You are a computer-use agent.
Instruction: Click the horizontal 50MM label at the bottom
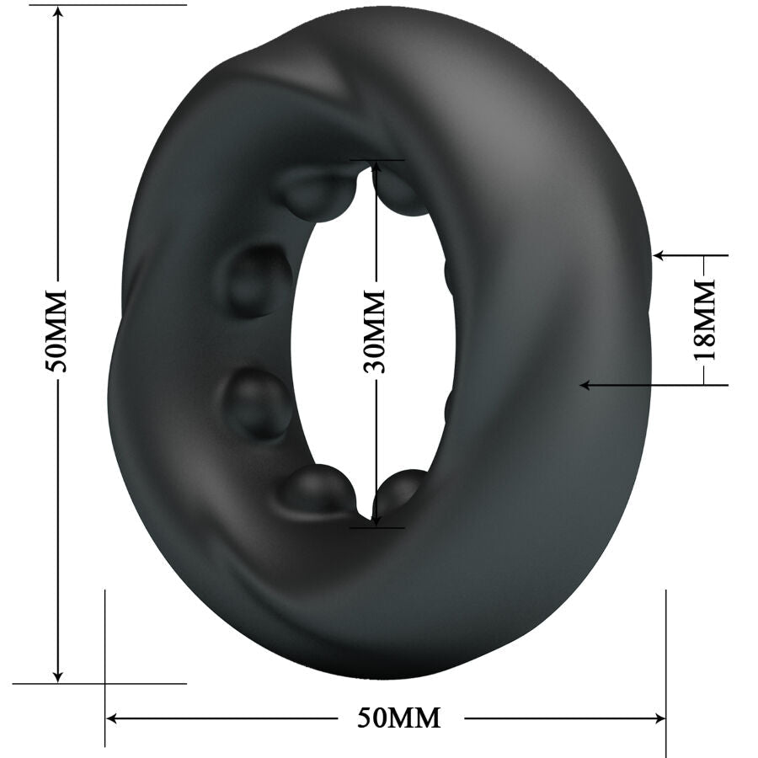pos(399,718)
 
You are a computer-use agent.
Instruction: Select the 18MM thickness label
pos(706,320)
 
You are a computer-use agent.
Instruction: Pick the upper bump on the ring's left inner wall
pos(257,280)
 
